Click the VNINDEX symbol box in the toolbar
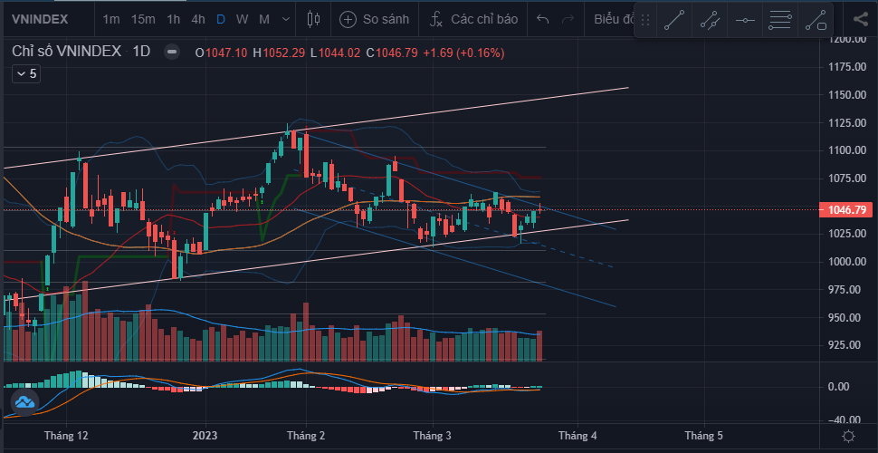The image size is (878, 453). [x=41, y=19]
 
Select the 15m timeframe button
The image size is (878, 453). [x=142, y=19]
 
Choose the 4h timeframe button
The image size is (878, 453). [x=197, y=19]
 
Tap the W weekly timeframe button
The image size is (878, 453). [x=242, y=19]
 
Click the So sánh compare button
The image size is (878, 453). [x=375, y=19]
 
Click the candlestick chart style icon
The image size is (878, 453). [x=314, y=19]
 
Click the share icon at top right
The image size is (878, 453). [x=860, y=19]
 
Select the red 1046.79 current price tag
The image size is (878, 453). [x=848, y=210]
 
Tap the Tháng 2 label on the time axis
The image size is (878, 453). [x=306, y=436]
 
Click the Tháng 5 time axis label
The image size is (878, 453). [x=703, y=436]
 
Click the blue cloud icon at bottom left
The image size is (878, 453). [x=24, y=400]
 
